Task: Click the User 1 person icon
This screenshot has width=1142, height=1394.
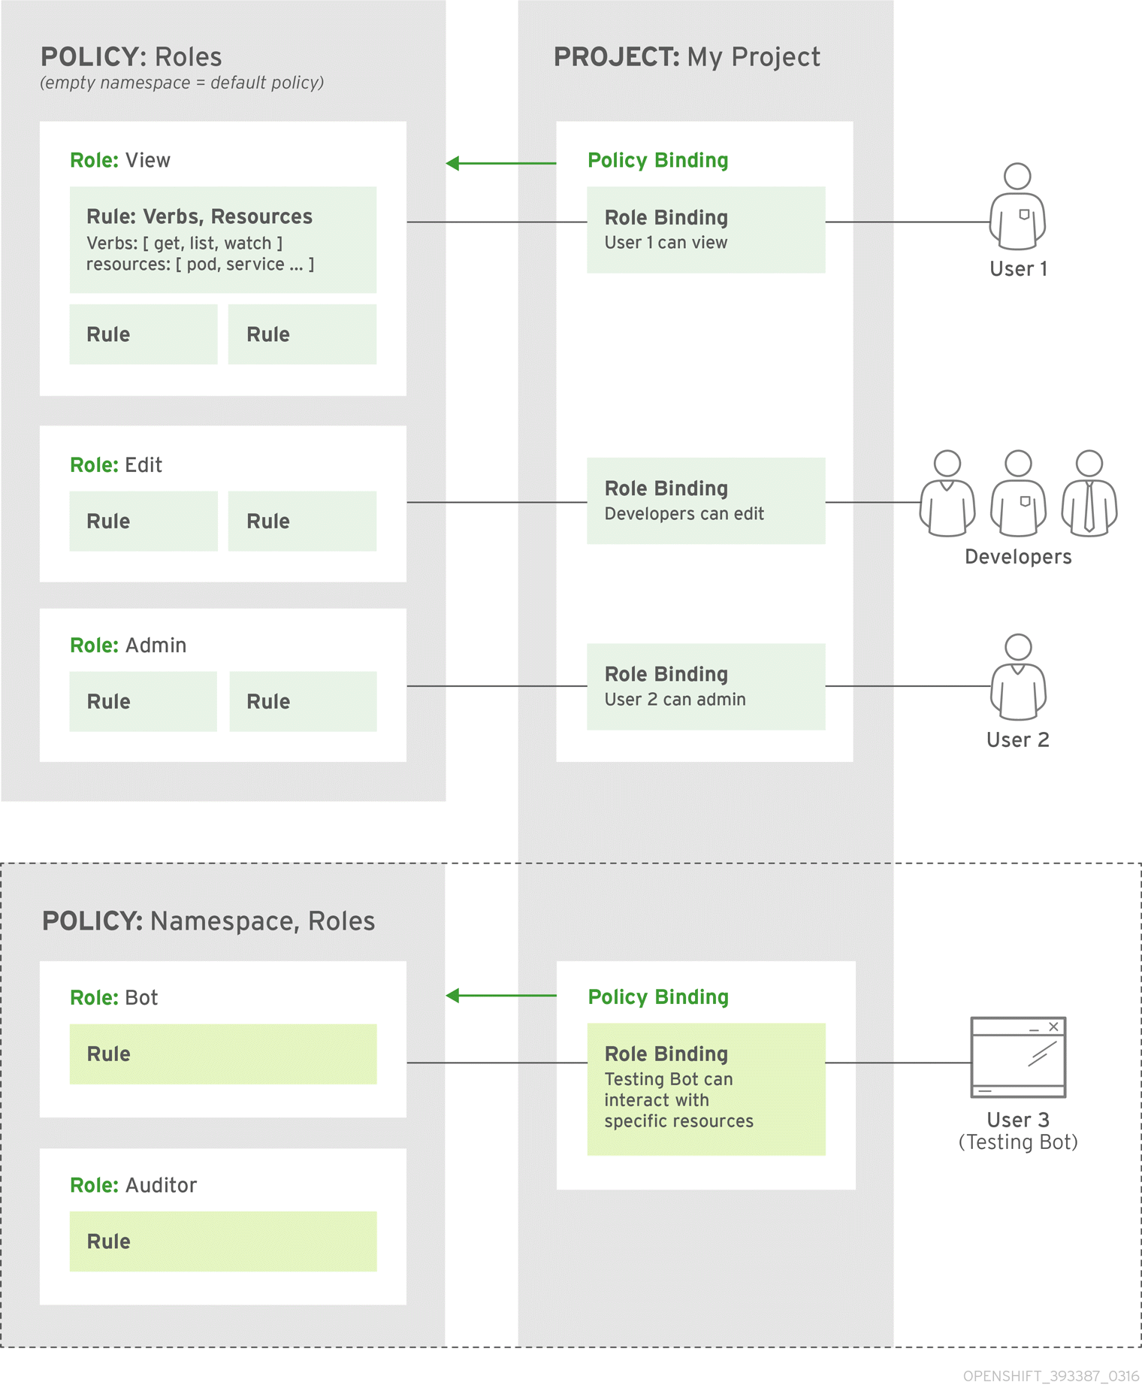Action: pos(1017,207)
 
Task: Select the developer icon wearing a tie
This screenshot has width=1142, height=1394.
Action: pos(1089,494)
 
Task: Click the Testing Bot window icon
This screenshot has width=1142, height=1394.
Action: pos(1018,1057)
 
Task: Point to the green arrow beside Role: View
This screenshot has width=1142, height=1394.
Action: pos(500,163)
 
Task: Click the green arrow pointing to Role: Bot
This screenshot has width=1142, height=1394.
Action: pos(500,996)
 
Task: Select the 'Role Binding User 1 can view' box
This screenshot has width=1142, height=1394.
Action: pos(705,230)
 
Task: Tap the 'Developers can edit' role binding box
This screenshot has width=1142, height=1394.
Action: pos(705,501)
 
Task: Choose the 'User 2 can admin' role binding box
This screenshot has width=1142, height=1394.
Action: pos(705,686)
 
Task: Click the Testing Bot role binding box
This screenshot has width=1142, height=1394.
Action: pos(705,1089)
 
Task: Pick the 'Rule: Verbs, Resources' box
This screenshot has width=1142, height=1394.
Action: pos(223,240)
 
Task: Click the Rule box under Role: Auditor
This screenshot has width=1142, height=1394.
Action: pos(223,1241)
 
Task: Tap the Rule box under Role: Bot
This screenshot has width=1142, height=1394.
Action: pos(223,1054)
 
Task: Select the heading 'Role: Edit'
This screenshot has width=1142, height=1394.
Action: pos(116,465)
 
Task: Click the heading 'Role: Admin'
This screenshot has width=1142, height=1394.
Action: pos(128,646)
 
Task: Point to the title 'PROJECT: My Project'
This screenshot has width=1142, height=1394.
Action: pos(687,57)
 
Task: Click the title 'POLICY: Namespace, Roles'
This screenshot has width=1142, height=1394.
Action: pos(208,921)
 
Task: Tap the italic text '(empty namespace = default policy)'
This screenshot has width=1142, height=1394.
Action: pos(182,83)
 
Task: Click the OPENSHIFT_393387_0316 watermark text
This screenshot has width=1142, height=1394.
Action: pos(1050,1376)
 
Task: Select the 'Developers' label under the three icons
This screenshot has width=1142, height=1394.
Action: pos(1018,557)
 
